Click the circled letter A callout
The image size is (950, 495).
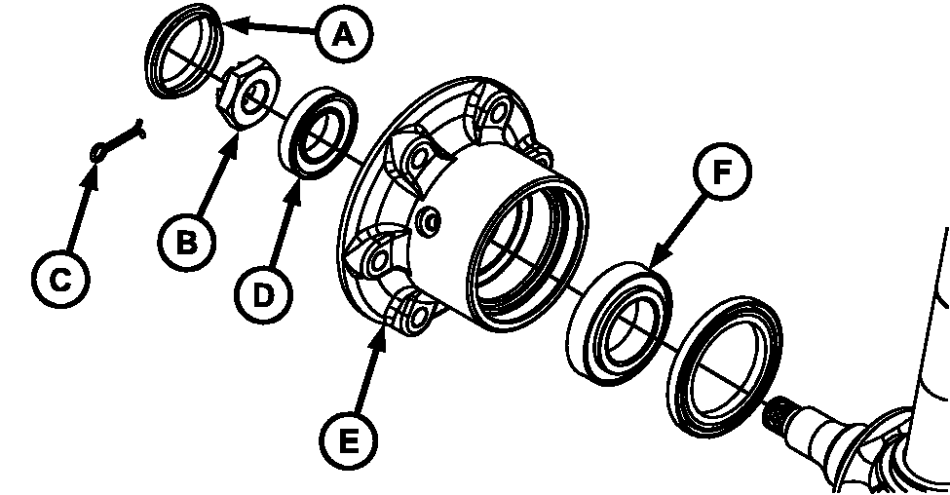point(342,36)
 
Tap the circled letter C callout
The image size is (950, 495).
point(59,281)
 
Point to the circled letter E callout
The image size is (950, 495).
point(349,442)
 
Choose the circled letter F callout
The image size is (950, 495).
point(720,173)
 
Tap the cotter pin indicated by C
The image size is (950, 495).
point(115,136)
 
